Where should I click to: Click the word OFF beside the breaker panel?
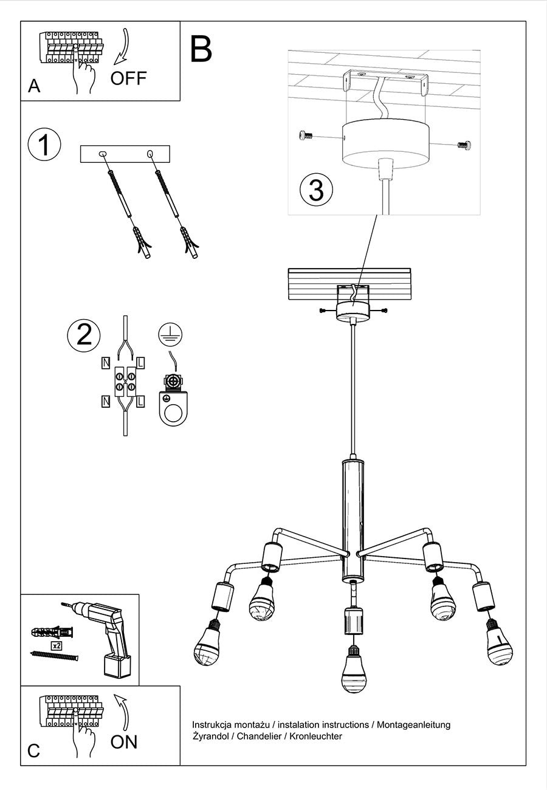pos(128,78)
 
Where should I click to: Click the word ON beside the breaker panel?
pos(124,741)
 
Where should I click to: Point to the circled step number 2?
pos(84,335)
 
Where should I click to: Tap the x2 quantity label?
pos(57,645)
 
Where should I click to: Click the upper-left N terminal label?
pos(106,363)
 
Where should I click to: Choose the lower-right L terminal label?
pos(140,401)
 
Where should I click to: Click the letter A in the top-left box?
pos(34,86)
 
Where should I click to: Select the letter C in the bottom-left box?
pos(34,750)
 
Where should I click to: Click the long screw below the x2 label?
pos(55,655)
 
